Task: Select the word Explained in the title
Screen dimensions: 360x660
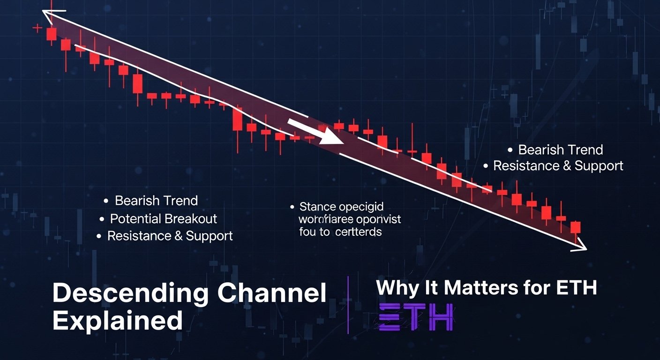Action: (x=117, y=321)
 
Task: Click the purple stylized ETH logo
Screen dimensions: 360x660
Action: (x=416, y=317)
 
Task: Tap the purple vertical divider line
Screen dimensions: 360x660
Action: (x=348, y=305)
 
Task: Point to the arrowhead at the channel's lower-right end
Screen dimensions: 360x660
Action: (x=582, y=247)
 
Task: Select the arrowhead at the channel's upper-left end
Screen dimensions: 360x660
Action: (x=47, y=15)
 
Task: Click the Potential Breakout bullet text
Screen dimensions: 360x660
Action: (x=164, y=218)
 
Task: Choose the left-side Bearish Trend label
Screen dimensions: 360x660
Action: (x=156, y=201)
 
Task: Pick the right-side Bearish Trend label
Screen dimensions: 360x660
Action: (x=560, y=150)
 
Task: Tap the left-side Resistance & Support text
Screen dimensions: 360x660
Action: (x=170, y=236)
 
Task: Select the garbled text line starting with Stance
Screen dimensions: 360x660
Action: (x=341, y=207)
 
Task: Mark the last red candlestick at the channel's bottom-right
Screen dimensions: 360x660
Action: (x=576, y=227)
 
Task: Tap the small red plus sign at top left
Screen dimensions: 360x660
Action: (x=37, y=28)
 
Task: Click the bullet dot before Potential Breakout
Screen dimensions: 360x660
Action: (x=102, y=219)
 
